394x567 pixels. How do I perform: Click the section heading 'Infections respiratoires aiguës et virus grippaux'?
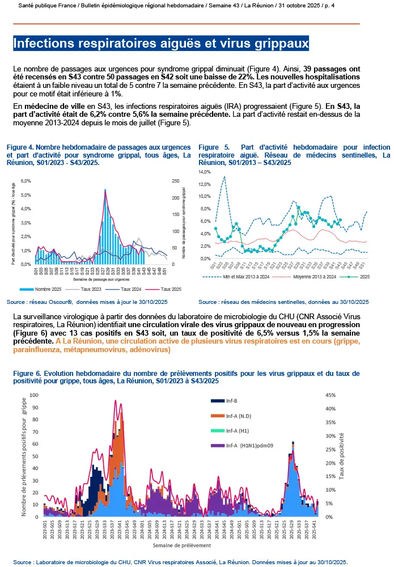[x=161, y=43]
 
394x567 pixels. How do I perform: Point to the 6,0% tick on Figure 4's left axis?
[x=25, y=181]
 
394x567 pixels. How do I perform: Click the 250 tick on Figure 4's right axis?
[x=176, y=181]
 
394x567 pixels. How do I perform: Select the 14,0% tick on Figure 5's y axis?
[x=203, y=171]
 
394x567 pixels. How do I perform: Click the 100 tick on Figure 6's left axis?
[x=33, y=395]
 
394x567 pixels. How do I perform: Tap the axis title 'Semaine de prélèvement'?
[x=181, y=545]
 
